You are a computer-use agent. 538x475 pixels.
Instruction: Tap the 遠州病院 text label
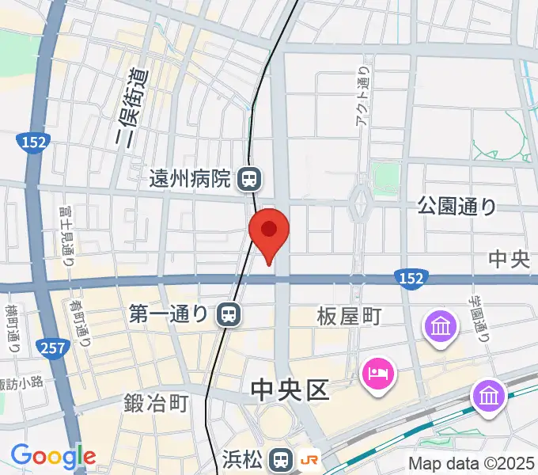click(189, 179)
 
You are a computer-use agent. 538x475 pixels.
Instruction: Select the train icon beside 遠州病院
click(248, 179)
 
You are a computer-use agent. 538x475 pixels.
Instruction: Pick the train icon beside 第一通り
click(229, 315)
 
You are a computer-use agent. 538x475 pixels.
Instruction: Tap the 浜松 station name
click(241, 459)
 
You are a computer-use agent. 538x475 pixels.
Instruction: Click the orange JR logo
click(310, 459)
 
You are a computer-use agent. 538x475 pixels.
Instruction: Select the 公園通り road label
click(457, 207)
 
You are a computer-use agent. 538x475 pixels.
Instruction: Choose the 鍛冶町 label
click(156, 404)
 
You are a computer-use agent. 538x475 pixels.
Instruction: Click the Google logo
click(53, 456)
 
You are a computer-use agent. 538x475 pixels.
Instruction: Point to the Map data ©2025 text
click(472, 463)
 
